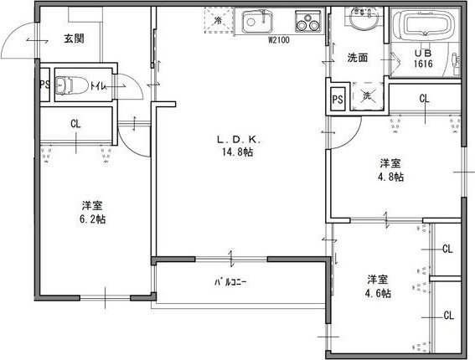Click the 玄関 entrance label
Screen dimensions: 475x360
coord(74,39)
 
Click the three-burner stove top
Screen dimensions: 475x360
coord(308,21)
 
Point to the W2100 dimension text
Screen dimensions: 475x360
coord(279,40)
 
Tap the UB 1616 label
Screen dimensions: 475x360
coord(423,59)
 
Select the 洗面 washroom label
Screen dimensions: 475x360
coord(358,58)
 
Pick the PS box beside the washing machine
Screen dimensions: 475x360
coord(338,99)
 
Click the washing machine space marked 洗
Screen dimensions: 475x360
coord(367,96)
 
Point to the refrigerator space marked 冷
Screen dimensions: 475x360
coord(218,20)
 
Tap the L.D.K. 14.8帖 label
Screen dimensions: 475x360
coord(238,146)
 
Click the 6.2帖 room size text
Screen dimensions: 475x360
coord(93,219)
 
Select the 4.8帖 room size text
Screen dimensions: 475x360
coord(390,177)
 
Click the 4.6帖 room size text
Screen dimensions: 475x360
coord(378,293)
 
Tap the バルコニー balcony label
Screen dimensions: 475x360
coord(231,282)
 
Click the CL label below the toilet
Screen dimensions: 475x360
coord(75,124)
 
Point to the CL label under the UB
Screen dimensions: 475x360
coord(425,99)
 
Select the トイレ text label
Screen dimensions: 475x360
coord(97,86)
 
